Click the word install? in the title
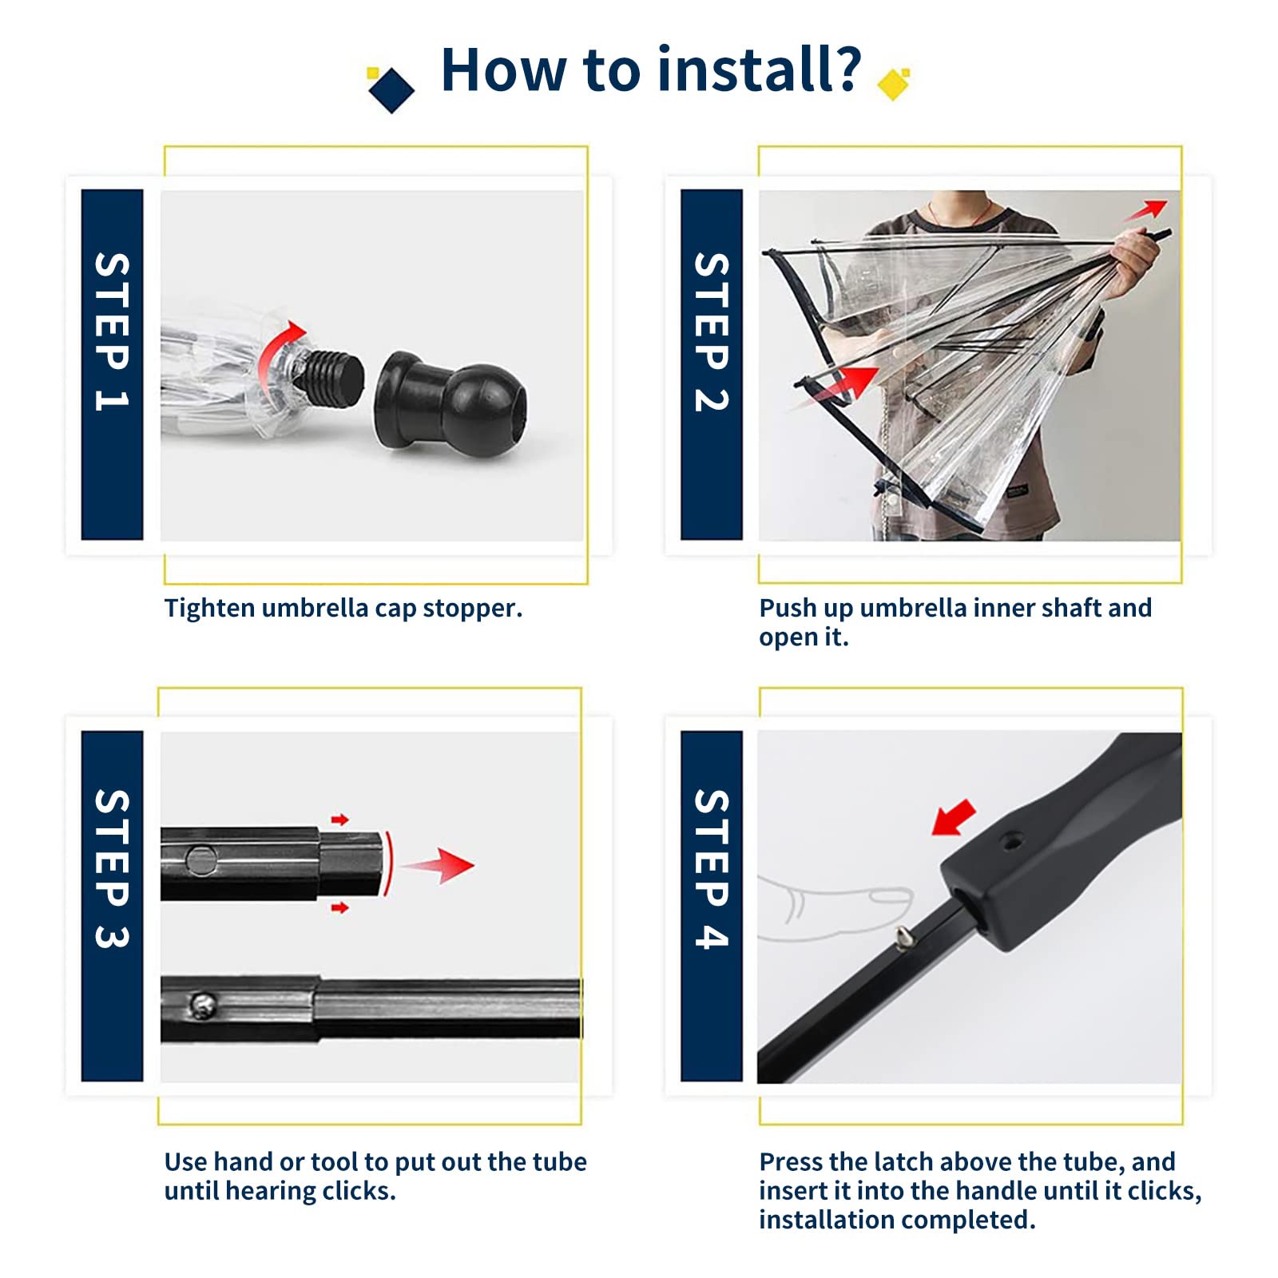(760, 69)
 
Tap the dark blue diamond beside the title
(391, 90)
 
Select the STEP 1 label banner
(112, 364)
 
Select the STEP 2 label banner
(711, 364)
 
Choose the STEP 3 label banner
(112, 906)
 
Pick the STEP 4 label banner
(711, 906)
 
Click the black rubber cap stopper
(450, 404)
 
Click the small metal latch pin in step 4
(903, 937)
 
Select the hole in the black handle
(1013, 840)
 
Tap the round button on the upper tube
(200, 860)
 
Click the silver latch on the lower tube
(203, 1006)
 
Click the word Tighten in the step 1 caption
(209, 609)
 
